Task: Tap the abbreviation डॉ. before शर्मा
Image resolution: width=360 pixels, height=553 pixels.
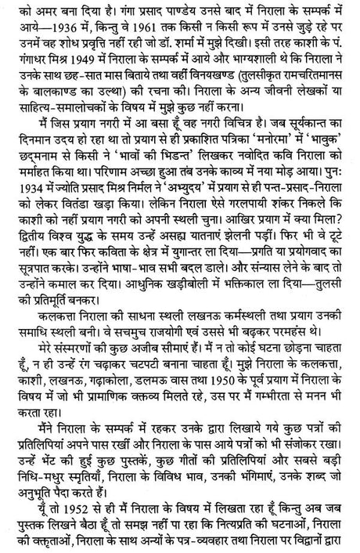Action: [x=221, y=43]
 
